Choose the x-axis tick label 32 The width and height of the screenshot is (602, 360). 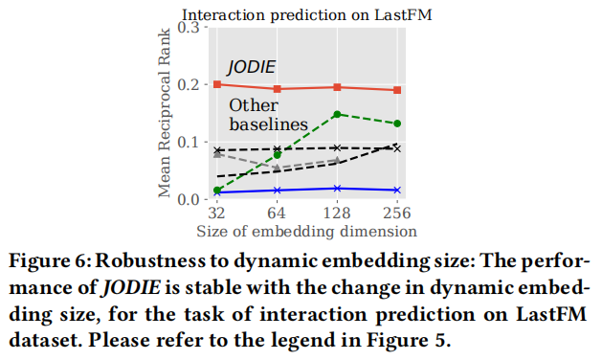[218, 214]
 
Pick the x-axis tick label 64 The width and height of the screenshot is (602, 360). [278, 214]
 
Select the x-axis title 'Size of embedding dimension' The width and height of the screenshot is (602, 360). [306, 231]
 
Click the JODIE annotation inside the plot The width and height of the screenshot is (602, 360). [251, 67]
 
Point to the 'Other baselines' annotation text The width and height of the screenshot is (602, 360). [267, 115]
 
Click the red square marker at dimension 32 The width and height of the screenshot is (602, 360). [218, 84]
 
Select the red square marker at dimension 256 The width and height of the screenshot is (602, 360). [397, 90]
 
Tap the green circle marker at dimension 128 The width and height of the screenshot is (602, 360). [337, 114]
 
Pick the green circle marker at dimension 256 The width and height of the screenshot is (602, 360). [397, 124]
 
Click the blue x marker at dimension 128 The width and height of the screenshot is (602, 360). [337, 189]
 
